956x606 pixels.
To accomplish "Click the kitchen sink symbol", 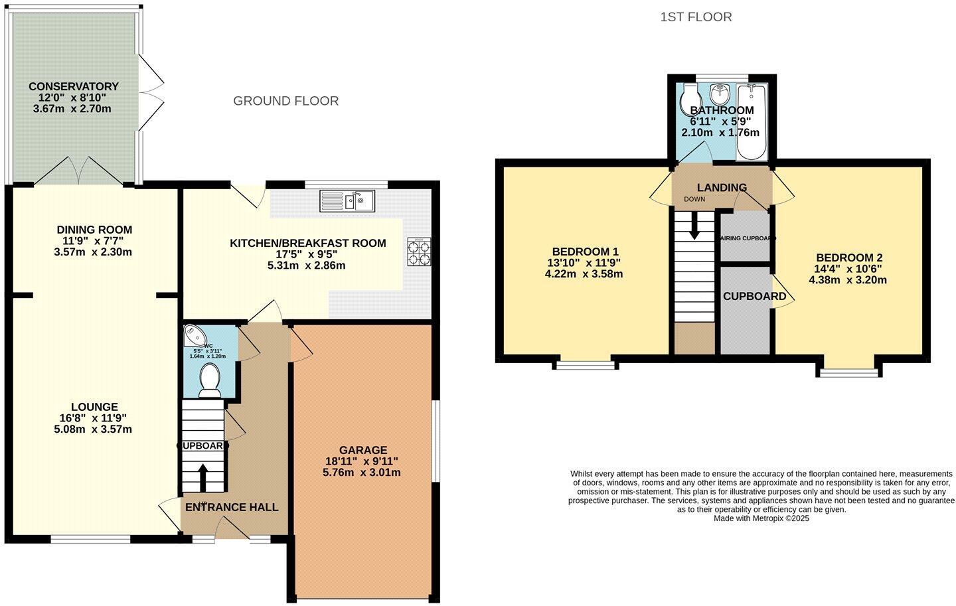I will tap(347, 200).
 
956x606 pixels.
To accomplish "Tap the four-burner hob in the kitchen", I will tap(419, 252).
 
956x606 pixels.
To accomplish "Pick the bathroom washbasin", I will tap(719, 93).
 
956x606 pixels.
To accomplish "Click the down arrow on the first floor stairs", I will tap(694, 226).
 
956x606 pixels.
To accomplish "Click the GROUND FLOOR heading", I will tap(285, 101).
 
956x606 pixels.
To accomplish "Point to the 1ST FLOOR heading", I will tap(696, 17).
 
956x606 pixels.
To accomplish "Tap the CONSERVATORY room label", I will tap(73, 86).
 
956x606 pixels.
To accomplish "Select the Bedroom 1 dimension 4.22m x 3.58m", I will tap(584, 273).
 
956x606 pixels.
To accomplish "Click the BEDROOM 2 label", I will tap(849, 258).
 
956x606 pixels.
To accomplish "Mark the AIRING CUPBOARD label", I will tap(748, 238).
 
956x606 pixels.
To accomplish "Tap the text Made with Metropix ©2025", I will tap(761, 519).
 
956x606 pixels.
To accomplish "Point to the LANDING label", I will tap(722, 188).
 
